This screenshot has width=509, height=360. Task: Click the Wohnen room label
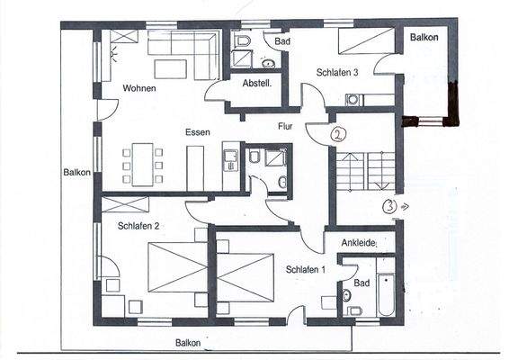(140, 88)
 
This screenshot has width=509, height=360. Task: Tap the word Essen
(198, 132)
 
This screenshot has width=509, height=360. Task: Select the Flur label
(285, 127)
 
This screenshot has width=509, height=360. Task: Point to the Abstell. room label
(256, 83)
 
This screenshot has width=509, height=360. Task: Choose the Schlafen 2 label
(138, 226)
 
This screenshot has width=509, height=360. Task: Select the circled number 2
(338, 135)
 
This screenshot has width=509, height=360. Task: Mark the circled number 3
(389, 205)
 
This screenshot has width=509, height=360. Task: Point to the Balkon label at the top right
(425, 38)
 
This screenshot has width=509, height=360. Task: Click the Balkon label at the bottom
(188, 343)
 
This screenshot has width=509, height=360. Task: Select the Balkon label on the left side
(76, 172)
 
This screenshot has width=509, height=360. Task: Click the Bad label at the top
(282, 42)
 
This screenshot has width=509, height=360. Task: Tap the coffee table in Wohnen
(169, 68)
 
